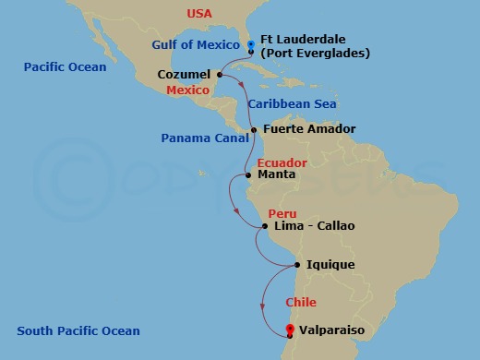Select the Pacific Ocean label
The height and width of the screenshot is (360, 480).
pyautogui.click(x=66, y=67)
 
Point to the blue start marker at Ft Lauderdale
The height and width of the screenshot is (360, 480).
pyautogui.click(x=251, y=43)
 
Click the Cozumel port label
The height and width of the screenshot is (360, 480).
pyautogui.click(x=184, y=74)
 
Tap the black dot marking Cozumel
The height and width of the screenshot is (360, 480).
pyautogui.click(x=220, y=74)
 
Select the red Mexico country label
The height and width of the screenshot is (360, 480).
pyautogui.click(x=187, y=90)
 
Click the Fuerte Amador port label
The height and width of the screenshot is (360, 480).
pyautogui.click(x=309, y=129)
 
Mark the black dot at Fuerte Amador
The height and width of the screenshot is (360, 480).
pyautogui.click(x=255, y=129)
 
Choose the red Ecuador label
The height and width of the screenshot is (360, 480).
pyautogui.click(x=282, y=162)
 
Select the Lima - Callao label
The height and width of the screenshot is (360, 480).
pyautogui.click(x=315, y=225)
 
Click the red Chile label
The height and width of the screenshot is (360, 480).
pyautogui.click(x=301, y=303)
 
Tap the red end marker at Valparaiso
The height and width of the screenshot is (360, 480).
pyautogui.click(x=290, y=330)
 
